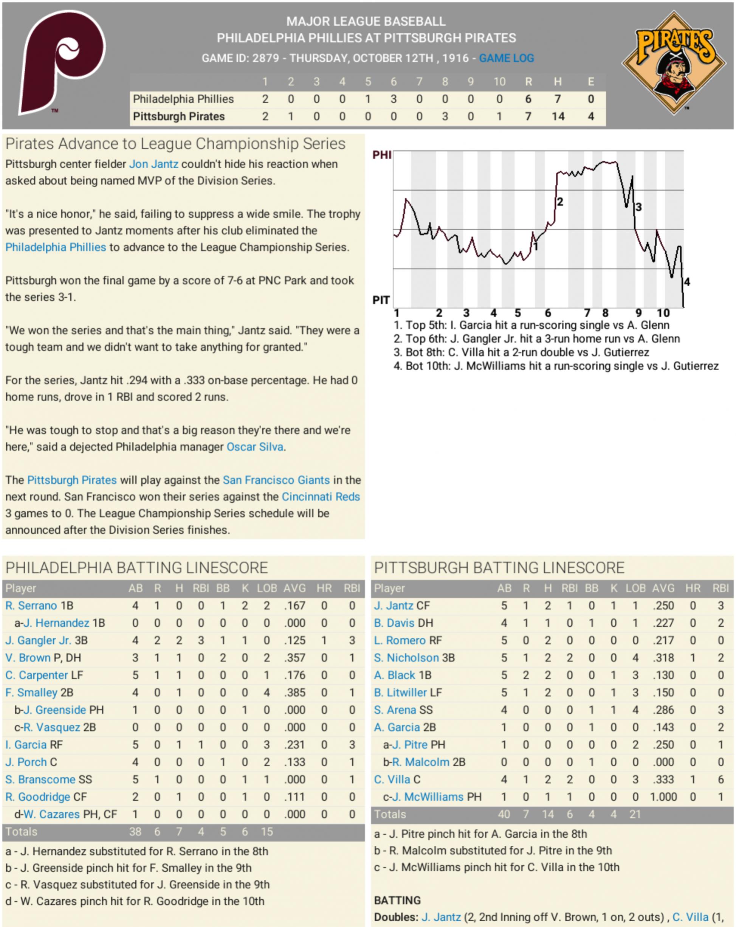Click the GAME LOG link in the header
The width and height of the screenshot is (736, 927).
[506, 58]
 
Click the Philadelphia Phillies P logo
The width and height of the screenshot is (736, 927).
[62, 63]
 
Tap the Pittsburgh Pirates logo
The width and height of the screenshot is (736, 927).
[673, 63]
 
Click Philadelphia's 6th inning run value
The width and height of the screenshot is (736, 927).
[393, 99]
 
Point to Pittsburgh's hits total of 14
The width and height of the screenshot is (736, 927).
[558, 116]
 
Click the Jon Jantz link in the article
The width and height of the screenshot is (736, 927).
[153, 164]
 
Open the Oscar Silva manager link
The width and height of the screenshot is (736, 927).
[255, 447]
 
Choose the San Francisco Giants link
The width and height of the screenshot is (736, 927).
[276, 480]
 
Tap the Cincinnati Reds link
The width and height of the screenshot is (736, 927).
[321, 497]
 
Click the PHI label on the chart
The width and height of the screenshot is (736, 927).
[381, 155]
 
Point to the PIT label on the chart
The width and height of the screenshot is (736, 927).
[381, 300]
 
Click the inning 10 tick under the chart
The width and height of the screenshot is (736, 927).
[663, 313]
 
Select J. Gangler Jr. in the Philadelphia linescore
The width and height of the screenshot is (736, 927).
[38, 641]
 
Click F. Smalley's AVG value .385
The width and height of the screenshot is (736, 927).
[294, 693]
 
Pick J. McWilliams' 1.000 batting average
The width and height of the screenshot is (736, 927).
[663, 797]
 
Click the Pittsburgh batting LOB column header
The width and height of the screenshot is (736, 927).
[635, 588]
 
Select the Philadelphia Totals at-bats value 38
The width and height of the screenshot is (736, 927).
[135, 832]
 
